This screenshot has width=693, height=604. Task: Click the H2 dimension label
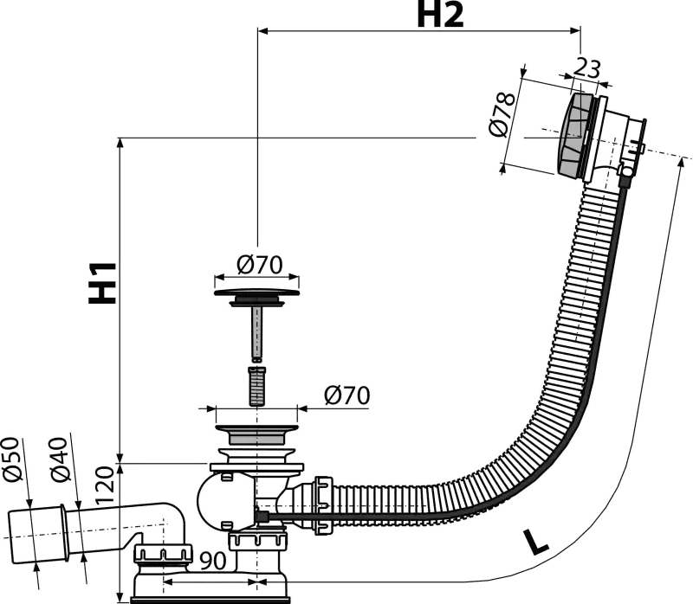coord(440,15)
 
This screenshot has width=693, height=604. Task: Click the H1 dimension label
coord(103,283)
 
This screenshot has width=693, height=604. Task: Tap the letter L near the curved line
coord(535,542)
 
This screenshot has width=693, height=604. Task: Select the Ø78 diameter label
coord(502,115)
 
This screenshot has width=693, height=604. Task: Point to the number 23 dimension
coord(587,68)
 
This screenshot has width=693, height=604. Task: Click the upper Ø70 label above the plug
coord(259,265)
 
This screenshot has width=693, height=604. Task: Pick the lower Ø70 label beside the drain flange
coord(347,395)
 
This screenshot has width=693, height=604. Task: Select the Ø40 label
coord(59,459)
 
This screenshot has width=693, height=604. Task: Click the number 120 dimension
coord(105,485)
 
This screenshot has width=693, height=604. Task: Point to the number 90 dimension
coord(213,562)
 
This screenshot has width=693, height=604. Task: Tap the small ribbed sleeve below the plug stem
coord(256,385)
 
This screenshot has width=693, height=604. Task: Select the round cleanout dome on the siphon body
coord(210,501)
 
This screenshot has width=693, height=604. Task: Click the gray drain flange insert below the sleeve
coord(256,434)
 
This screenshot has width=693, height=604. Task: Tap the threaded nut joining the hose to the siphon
coord(323,505)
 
